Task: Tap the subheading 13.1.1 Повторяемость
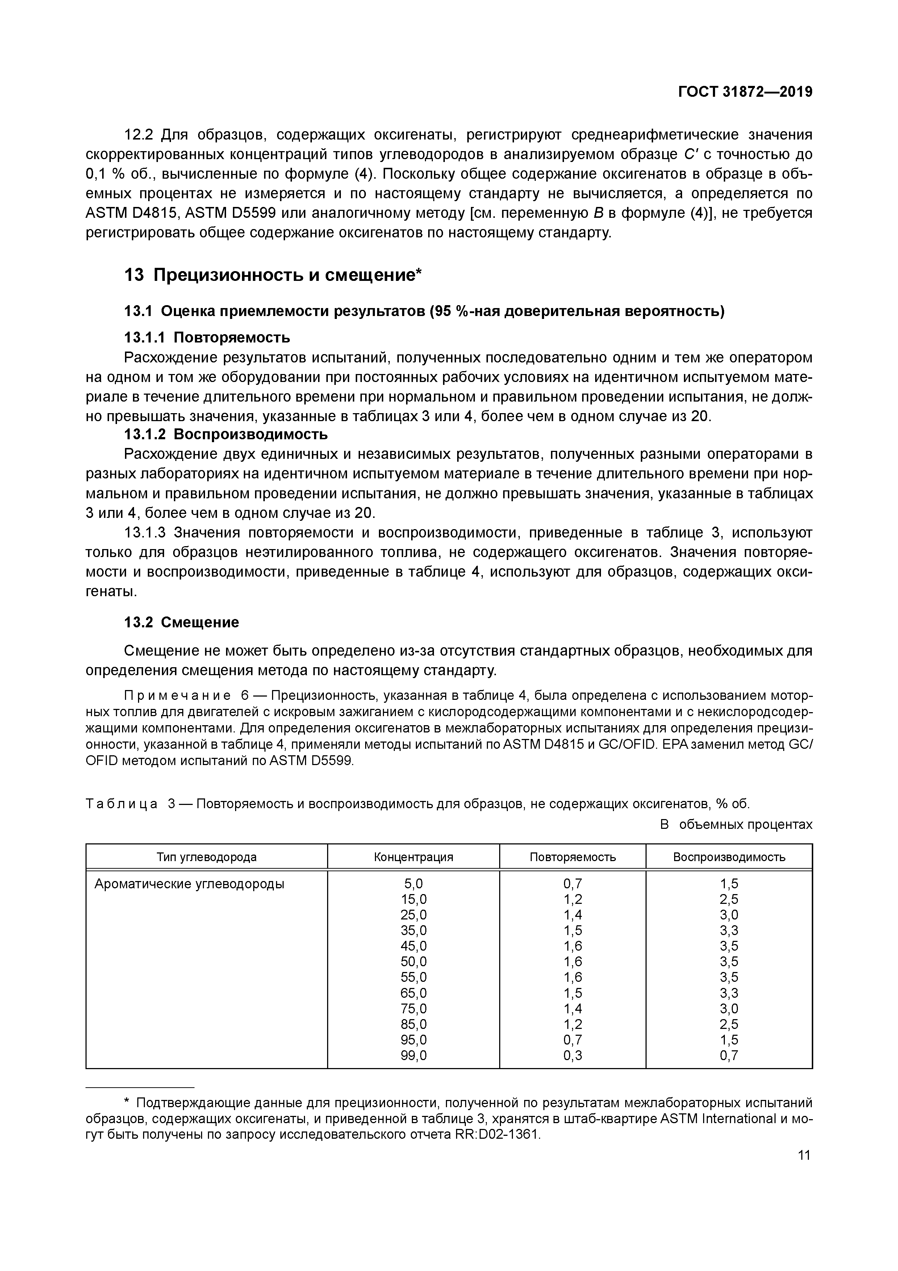tap(207, 337)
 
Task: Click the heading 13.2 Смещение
tap(181, 622)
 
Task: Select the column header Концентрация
tap(413, 857)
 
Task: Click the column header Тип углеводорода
tap(206, 857)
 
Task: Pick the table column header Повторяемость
tap(573, 857)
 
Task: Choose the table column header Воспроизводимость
tap(729, 857)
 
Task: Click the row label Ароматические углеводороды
tap(189, 884)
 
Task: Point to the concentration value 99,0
tap(413, 1055)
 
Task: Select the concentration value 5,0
tap(413, 884)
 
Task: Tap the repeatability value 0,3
tap(573, 1055)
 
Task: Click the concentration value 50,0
tap(413, 961)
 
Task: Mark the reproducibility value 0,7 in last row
tap(729, 1055)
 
